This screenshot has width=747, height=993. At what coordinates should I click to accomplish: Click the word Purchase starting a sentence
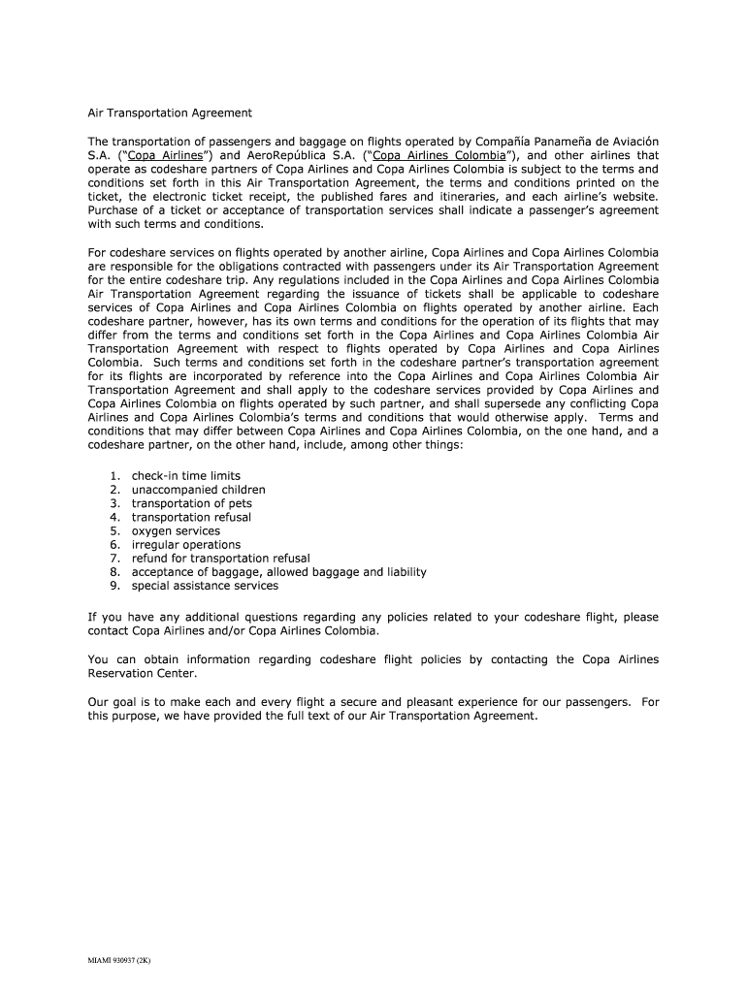pyautogui.click(x=114, y=209)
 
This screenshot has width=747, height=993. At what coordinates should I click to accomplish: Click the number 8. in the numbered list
pyautogui.click(x=114, y=572)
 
